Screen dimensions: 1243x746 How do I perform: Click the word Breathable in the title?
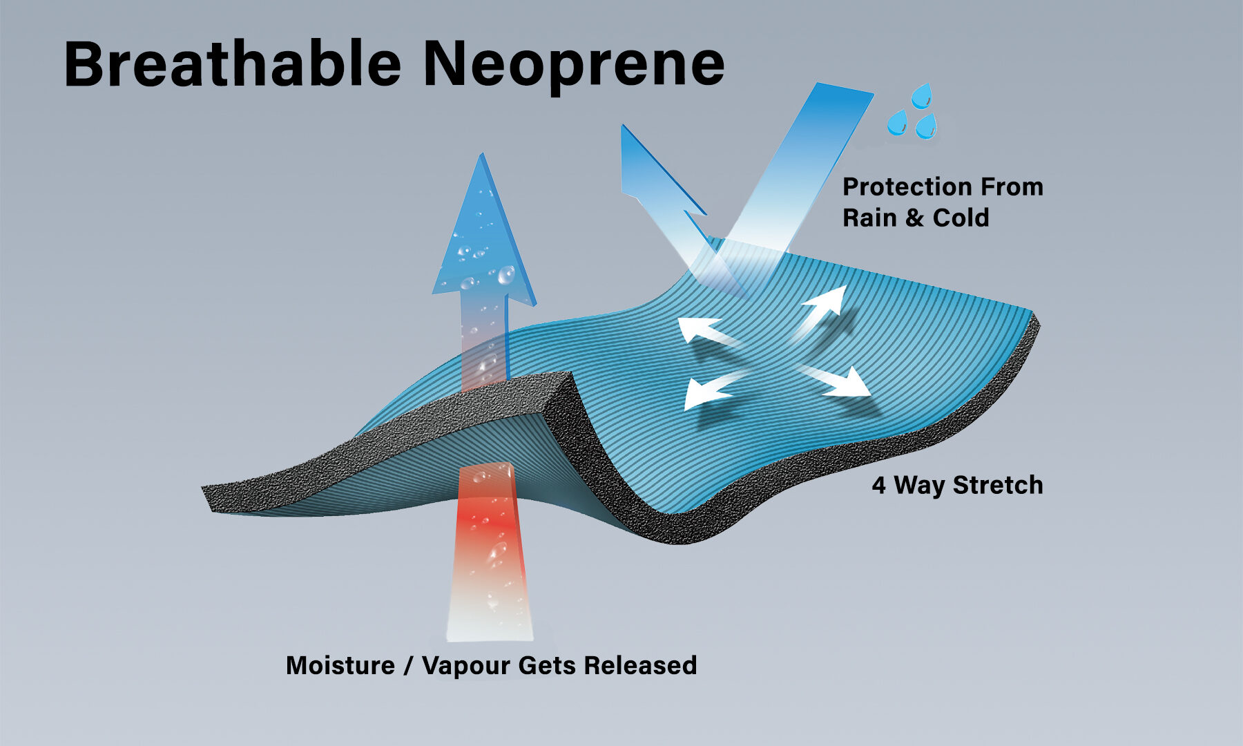pos(233,64)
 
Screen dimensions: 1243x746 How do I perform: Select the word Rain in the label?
pos(870,218)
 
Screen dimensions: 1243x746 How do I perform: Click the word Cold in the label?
pos(961,218)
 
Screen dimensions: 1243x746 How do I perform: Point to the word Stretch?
pos(998,485)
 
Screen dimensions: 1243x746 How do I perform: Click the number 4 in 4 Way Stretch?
pos(878,486)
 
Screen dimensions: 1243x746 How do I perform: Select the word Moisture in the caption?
pos(340,665)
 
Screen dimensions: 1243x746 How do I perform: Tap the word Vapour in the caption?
pos(466,667)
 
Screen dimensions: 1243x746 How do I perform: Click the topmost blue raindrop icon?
pos(922,96)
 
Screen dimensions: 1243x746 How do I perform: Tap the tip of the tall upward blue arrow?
pos(481,154)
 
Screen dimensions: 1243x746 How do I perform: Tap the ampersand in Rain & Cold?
pos(915,218)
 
